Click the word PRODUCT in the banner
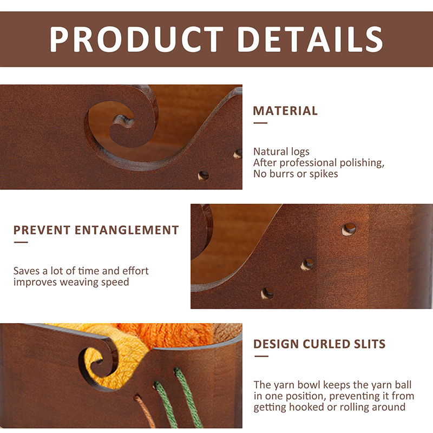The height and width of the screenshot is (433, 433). point(136,40)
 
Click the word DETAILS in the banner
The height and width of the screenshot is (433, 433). point(310,40)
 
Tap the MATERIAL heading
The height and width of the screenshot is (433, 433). point(285,111)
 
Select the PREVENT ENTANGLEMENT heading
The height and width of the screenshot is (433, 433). point(96,231)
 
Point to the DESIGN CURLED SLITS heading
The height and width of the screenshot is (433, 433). point(319,344)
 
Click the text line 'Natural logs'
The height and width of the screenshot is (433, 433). point(281,152)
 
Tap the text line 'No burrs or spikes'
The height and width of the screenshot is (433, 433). point(296,174)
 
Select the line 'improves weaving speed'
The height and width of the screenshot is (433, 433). point(71,282)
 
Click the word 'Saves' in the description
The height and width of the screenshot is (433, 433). point(27,271)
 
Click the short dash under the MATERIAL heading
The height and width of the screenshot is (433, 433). point(260,123)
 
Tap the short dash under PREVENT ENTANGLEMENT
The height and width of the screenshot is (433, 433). point(21,242)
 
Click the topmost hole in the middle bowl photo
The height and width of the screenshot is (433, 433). point(349,229)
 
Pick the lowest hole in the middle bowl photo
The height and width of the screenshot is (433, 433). point(267,293)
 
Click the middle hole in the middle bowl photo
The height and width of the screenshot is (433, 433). point(307,265)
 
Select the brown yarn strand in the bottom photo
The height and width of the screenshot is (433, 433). point(145,411)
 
